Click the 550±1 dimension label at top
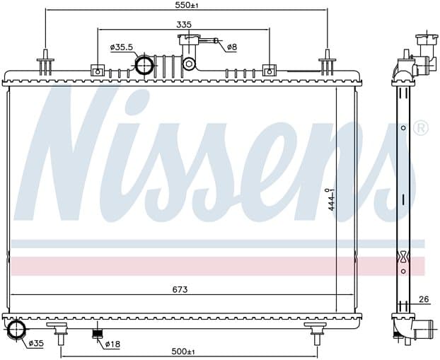coord(187,5)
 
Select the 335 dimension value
coord(184,25)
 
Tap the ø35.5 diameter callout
coord(122,47)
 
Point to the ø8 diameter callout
coord(232,47)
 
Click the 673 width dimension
coord(180,289)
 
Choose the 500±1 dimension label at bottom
coord(183,352)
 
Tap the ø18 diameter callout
coord(112,344)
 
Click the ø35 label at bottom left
coord(36,343)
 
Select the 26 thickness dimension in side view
coord(424,299)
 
